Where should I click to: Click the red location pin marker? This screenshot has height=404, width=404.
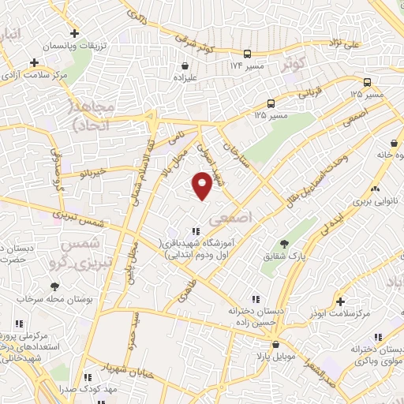click(203, 186)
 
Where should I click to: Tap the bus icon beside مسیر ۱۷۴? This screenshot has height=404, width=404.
click(248, 54)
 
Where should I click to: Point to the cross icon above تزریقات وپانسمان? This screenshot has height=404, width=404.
click(75, 33)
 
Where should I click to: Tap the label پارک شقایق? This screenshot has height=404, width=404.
click(285, 256)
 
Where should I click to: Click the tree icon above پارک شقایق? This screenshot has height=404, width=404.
click(284, 242)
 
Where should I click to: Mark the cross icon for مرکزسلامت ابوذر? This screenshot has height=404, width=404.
click(340, 301)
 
